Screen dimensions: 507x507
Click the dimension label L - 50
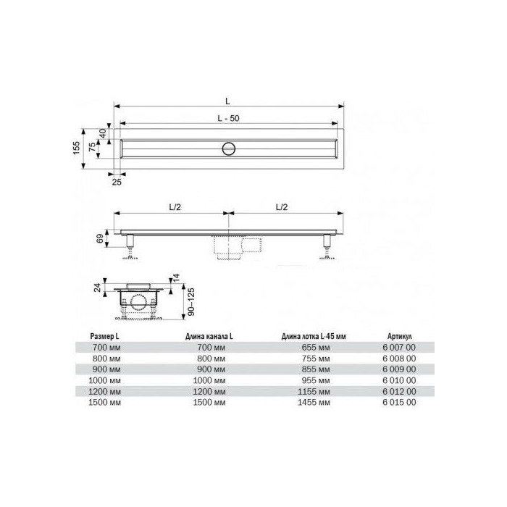click(x=229, y=118)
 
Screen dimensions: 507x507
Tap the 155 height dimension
click(x=76, y=148)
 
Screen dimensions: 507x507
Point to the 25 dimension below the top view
click(x=117, y=183)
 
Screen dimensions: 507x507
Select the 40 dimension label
click(x=103, y=133)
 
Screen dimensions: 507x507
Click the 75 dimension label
click(x=92, y=147)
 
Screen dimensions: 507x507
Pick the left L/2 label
click(x=175, y=207)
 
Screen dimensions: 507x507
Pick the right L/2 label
click(x=282, y=207)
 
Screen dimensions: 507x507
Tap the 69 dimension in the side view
click(x=100, y=238)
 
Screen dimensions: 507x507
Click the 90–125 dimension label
click(x=191, y=302)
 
